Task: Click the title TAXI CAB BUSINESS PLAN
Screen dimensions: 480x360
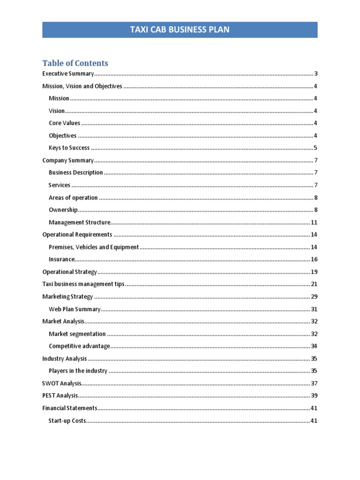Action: coord(180,30)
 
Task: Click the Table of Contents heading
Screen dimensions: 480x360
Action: coord(75,63)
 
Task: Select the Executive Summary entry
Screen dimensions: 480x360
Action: coord(68,74)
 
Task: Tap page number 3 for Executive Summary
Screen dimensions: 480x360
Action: coord(316,74)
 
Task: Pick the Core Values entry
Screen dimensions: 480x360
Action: coord(64,123)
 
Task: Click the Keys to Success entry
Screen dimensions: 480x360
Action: coord(69,148)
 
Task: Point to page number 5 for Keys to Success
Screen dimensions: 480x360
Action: coord(316,148)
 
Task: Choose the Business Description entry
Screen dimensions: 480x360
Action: coord(76,172)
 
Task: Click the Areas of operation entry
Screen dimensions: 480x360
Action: coord(73,198)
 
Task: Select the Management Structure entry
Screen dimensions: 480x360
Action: coord(80,222)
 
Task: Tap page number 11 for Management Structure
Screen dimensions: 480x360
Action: coord(314,222)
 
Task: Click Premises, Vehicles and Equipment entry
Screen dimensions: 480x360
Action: coord(94,247)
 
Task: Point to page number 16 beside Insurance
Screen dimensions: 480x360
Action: coord(314,259)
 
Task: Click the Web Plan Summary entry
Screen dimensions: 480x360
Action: coord(75,309)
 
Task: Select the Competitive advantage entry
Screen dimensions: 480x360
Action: coord(79,346)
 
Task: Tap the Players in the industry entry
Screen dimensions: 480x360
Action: coord(78,371)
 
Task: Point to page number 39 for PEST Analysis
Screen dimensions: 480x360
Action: coord(314,396)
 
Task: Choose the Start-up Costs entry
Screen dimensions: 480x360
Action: coord(67,420)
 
